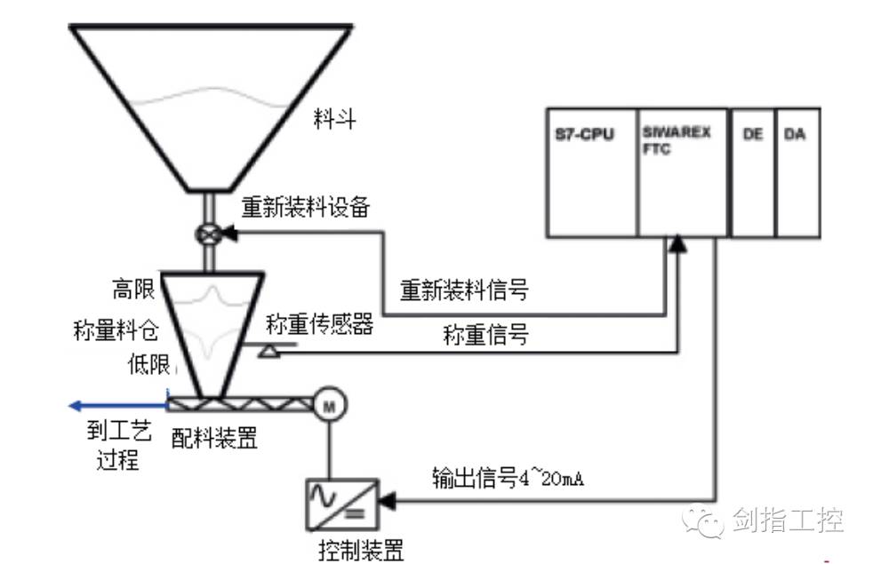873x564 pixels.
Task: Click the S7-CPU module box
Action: (x=592, y=173)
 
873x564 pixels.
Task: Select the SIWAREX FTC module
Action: (x=682, y=173)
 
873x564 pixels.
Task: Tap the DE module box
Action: (x=751, y=173)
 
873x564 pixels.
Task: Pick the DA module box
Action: (x=797, y=173)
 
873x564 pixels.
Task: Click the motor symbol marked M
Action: (x=330, y=405)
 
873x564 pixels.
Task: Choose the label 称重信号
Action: (x=485, y=335)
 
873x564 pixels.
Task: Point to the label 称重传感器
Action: (x=319, y=325)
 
